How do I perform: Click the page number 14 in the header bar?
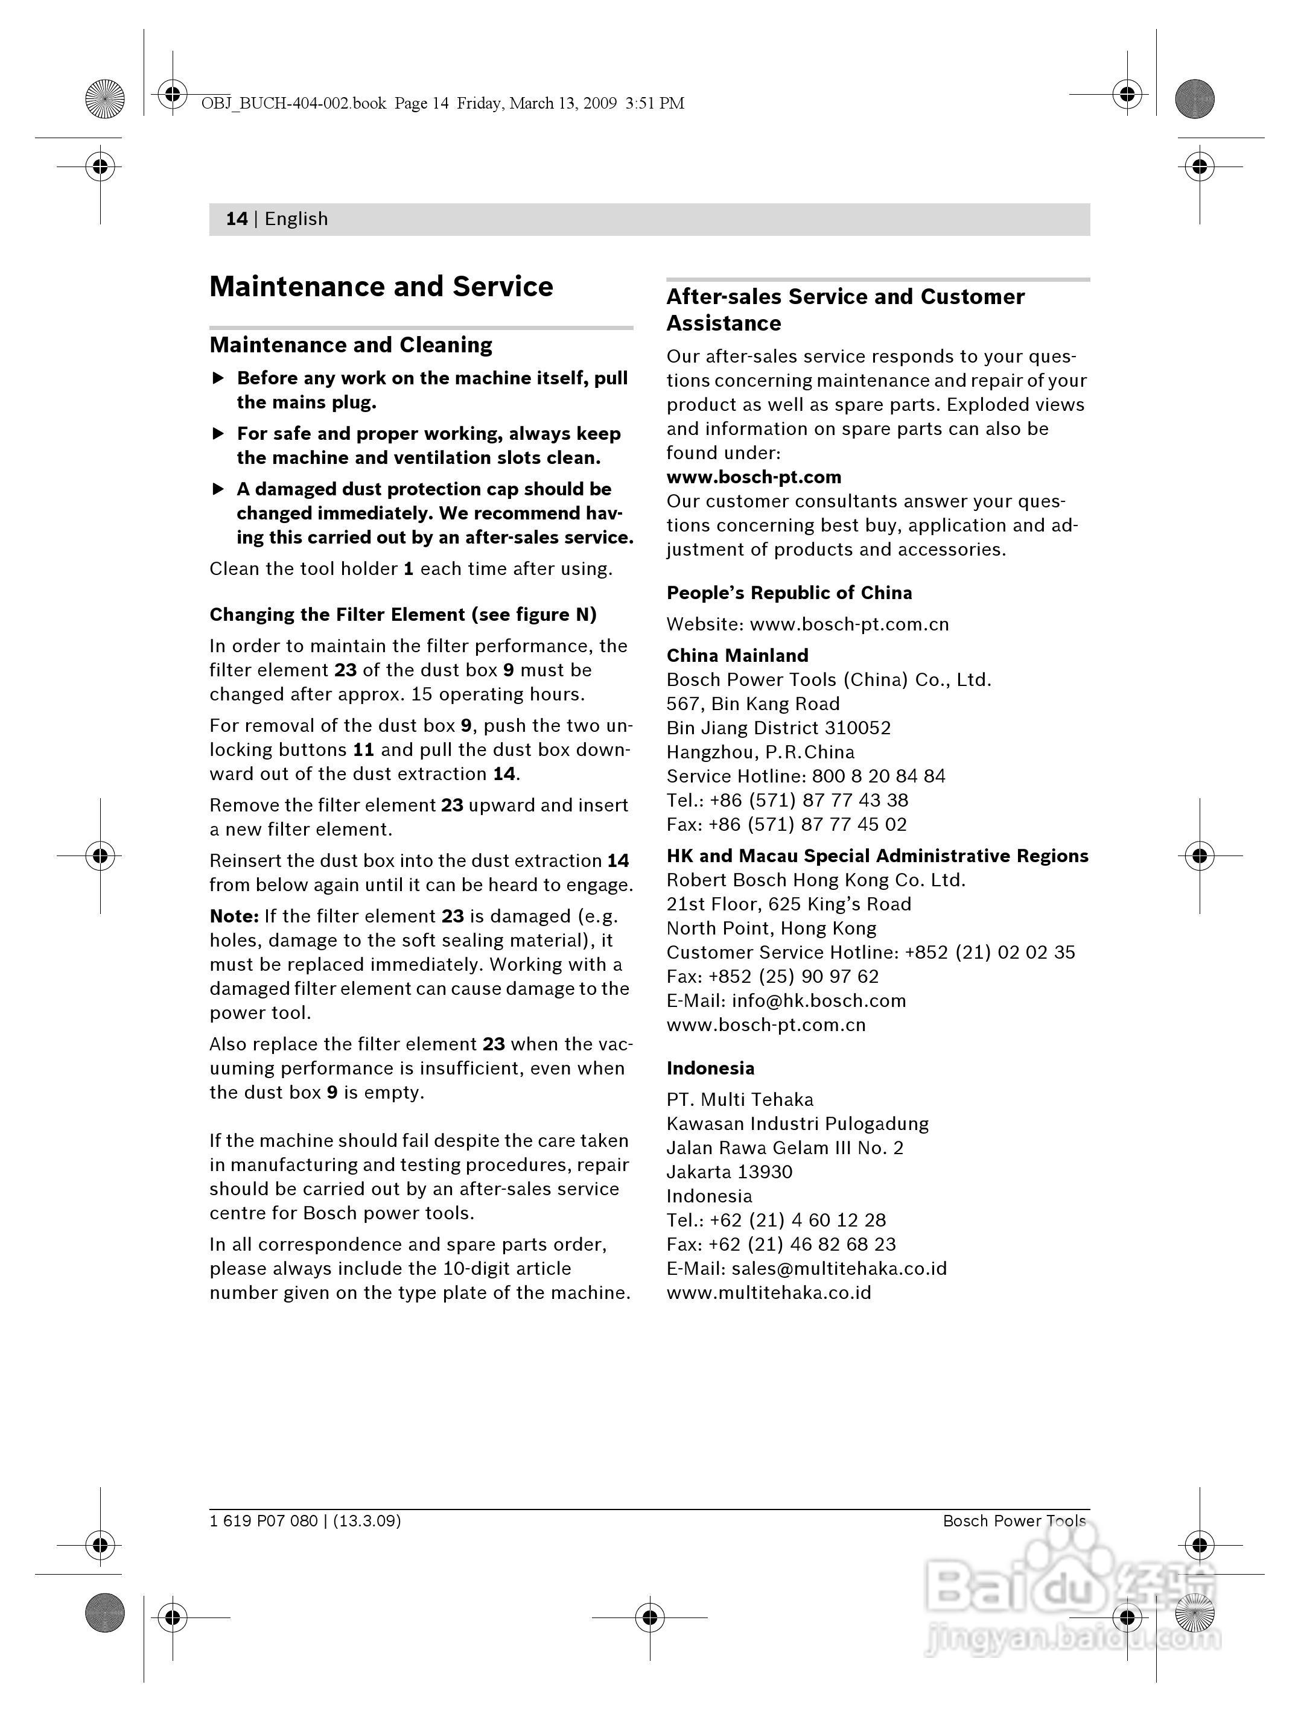click(236, 219)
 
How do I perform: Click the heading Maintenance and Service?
click(381, 287)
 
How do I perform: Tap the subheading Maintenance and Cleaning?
click(351, 344)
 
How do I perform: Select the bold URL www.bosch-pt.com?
click(754, 477)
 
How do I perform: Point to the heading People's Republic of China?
click(789, 592)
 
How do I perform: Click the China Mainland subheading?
click(737, 655)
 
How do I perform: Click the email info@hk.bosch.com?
click(818, 1000)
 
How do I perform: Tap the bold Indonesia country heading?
click(710, 1068)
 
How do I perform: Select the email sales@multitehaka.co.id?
click(839, 1268)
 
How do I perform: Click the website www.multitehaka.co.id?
click(768, 1292)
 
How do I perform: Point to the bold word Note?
click(234, 916)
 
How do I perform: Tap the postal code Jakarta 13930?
click(730, 1172)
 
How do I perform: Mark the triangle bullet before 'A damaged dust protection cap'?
click(218, 489)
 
